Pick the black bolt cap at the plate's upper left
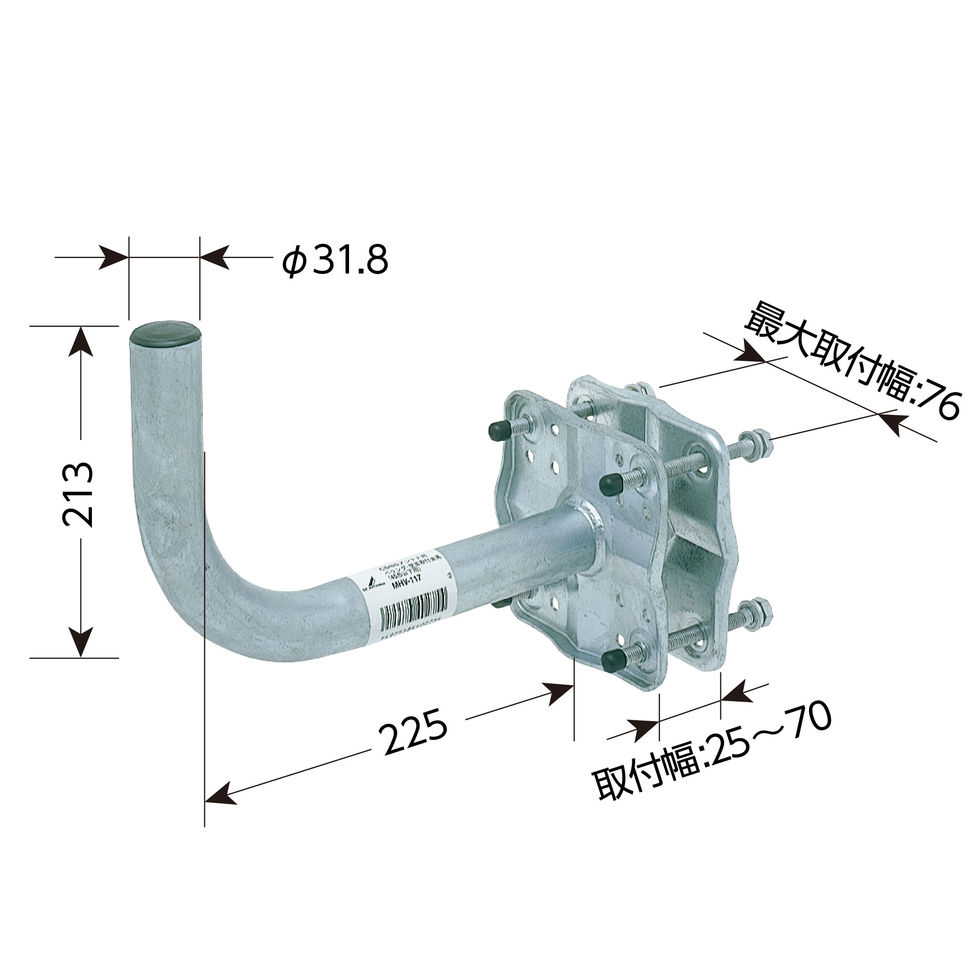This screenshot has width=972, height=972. coord(497,429)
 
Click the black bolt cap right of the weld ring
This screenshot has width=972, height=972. coord(610,483)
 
